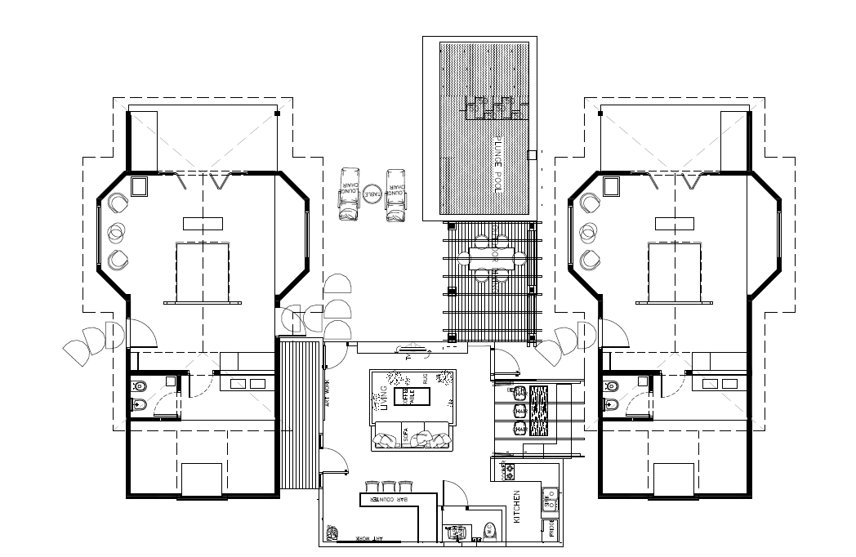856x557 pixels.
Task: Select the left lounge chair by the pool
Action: click(350, 194)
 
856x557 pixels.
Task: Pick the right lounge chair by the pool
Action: click(397, 194)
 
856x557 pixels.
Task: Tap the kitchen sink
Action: click(550, 493)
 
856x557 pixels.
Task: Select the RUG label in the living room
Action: click(425, 379)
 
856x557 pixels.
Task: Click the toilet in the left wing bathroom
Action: click(137, 385)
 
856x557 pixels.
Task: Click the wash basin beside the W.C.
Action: click(454, 532)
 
